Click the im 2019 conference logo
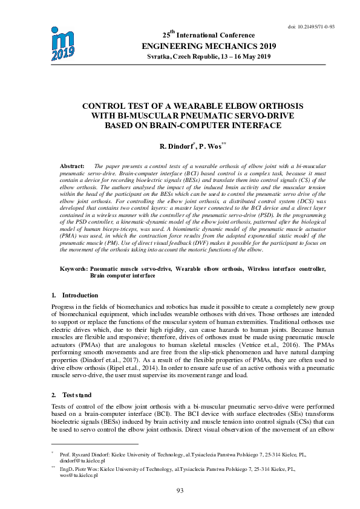(x=63, y=43)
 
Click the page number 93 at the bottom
(x=180, y=490)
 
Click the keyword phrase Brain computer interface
(x=122, y=275)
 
